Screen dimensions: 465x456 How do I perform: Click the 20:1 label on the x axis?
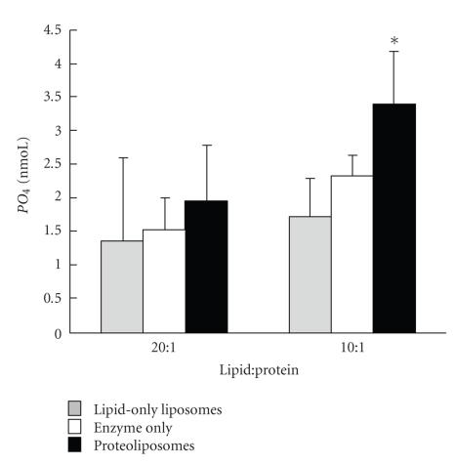click(x=164, y=348)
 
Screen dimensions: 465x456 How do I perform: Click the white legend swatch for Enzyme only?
click(x=75, y=427)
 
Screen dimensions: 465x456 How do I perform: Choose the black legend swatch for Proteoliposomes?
click(x=75, y=444)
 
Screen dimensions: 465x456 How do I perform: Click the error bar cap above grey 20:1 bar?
click(x=122, y=157)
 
